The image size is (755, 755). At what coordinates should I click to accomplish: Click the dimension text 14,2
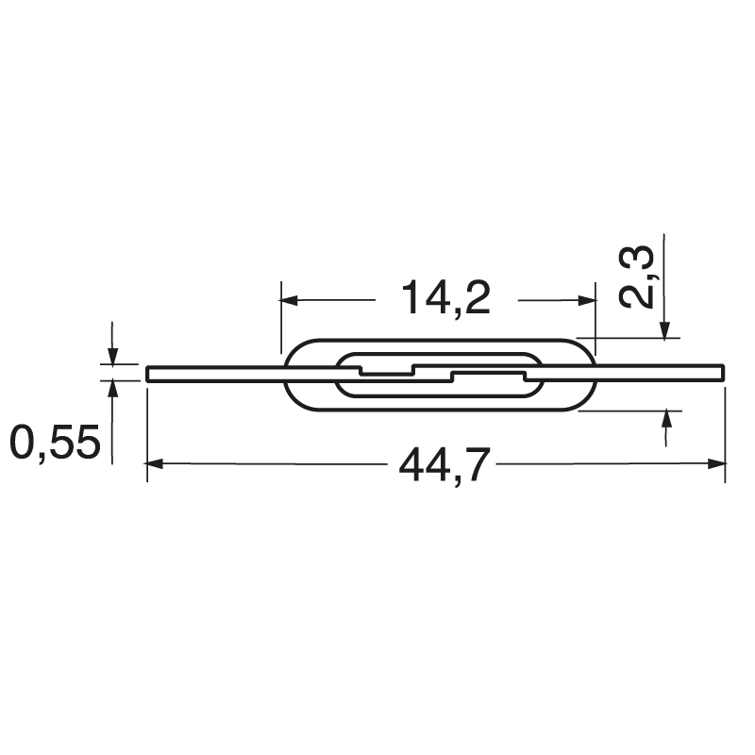coord(446,299)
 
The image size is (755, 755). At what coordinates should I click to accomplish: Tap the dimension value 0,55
coord(55,441)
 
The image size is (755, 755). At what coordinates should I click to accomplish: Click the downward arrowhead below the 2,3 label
coord(665,330)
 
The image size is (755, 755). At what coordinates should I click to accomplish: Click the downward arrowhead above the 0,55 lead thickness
coord(112,358)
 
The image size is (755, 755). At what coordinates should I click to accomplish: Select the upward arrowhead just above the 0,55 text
coord(112,387)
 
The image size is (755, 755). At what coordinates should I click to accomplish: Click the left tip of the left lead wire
coord(149,374)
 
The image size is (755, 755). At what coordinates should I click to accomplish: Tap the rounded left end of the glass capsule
coord(287,374)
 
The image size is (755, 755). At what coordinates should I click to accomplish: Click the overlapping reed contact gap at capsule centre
coord(432,374)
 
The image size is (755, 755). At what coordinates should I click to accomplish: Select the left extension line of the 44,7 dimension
coord(147,434)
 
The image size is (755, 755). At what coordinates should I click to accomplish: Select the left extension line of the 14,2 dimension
coord(282,321)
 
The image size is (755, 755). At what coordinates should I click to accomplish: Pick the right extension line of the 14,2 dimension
coord(597,321)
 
